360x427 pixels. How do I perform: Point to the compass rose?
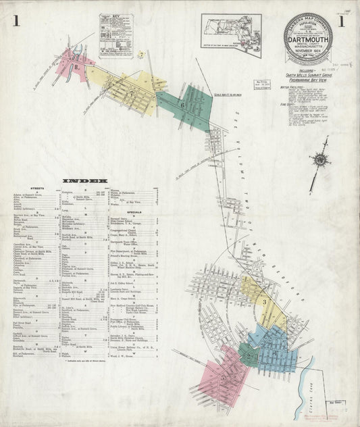click(321, 160)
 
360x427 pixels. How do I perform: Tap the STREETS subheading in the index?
click(37, 188)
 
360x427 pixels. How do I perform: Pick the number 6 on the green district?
click(182, 105)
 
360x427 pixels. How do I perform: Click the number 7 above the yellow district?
click(140, 54)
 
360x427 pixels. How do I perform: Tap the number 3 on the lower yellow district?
click(265, 301)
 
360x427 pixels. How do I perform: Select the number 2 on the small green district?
click(249, 356)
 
